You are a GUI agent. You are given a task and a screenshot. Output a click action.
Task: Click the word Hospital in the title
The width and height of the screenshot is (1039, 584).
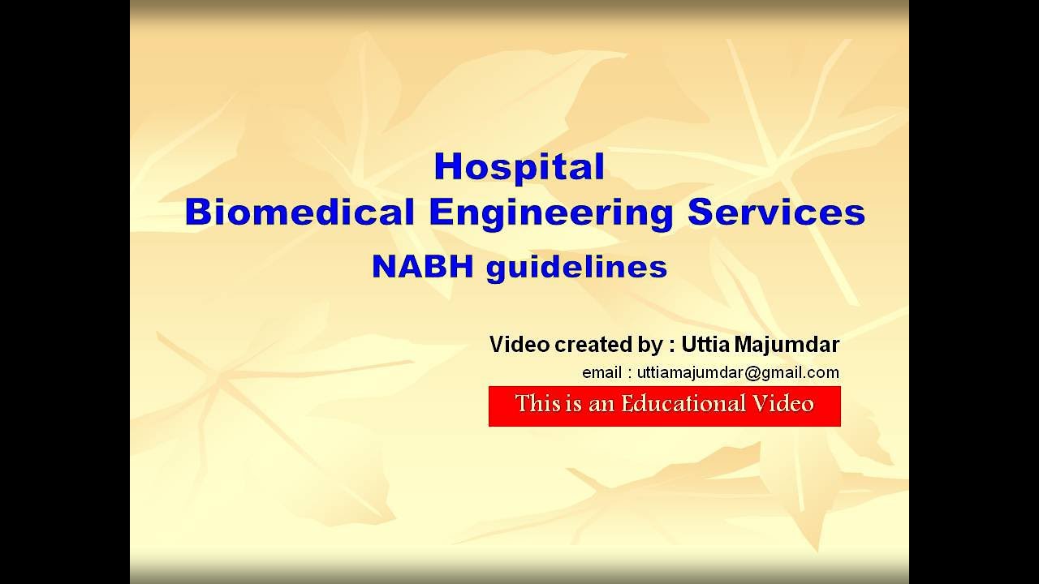pos(519,166)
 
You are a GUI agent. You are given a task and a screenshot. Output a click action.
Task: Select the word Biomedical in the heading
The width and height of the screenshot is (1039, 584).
pos(300,212)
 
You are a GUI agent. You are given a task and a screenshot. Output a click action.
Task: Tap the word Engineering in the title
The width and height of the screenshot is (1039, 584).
pos(550,212)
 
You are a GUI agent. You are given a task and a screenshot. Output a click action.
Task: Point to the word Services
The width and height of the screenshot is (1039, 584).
pos(776,212)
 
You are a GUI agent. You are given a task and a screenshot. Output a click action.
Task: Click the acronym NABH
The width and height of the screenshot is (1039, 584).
pos(422,267)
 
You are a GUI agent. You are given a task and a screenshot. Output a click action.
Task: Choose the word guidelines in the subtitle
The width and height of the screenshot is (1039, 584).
pos(576,267)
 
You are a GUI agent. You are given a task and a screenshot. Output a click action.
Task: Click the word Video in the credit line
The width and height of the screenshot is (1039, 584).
pos(519,345)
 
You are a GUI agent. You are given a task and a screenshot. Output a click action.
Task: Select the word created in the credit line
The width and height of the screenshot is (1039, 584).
pos(589,345)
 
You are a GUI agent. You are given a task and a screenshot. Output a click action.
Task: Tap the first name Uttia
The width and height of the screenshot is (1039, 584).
pos(705,345)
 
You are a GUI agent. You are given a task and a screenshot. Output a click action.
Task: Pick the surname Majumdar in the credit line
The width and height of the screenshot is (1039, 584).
pos(787,345)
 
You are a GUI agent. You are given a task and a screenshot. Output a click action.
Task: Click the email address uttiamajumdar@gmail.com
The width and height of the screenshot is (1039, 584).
pos(738,372)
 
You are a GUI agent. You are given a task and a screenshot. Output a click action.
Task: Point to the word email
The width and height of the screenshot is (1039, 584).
pos(601,372)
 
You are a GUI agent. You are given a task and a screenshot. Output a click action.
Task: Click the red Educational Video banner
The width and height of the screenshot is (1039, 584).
pos(664,406)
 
